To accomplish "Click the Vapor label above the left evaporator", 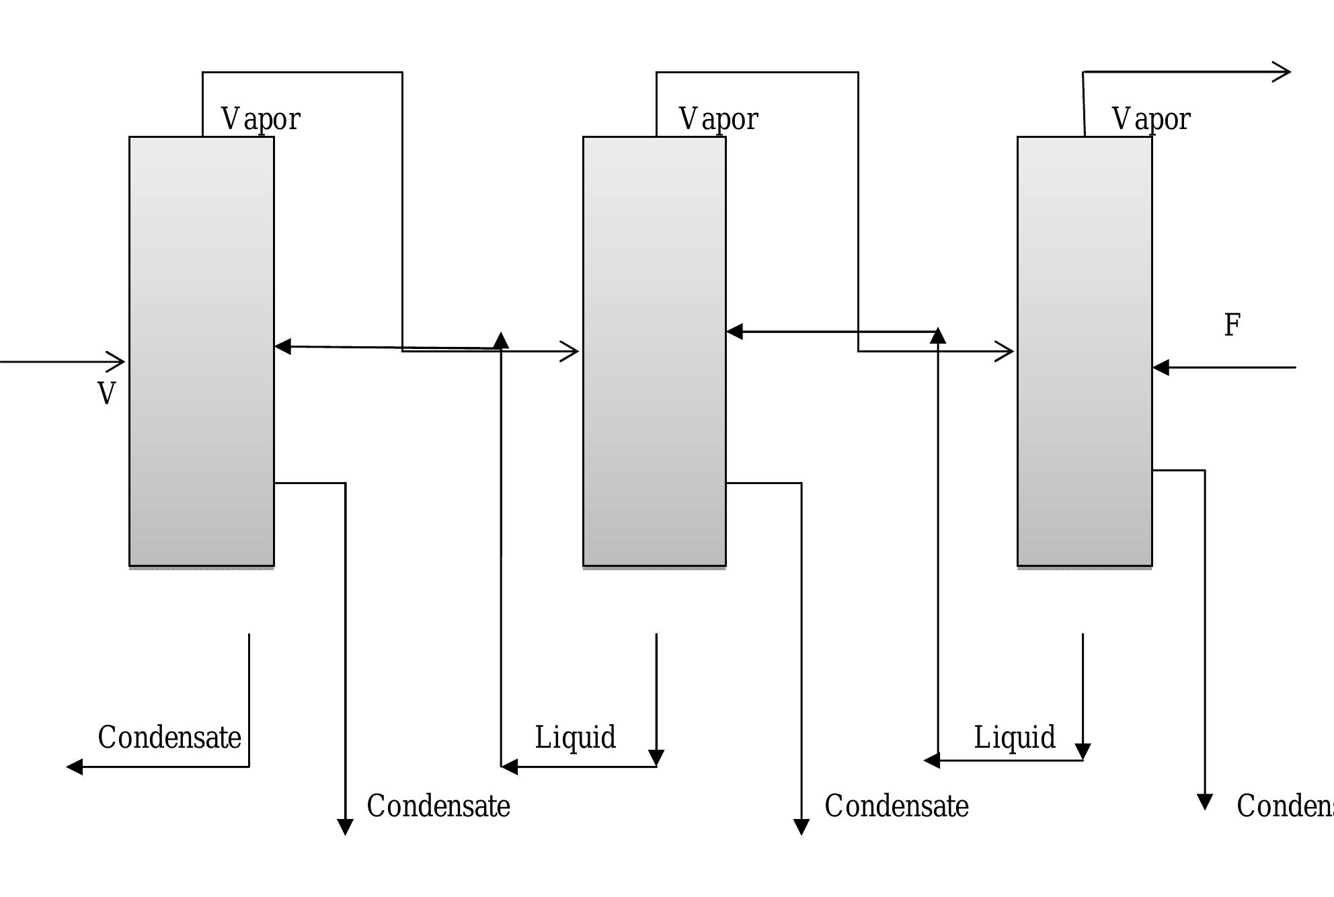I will pyautogui.click(x=261, y=120).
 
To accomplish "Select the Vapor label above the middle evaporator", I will pyautogui.click(x=719, y=120).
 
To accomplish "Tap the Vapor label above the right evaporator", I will pyautogui.click(x=1151, y=120).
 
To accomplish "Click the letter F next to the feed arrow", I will pyautogui.click(x=1232, y=325).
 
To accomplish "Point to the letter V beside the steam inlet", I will pyautogui.click(x=106, y=394).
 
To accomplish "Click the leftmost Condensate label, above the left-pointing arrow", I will pyautogui.click(x=169, y=738).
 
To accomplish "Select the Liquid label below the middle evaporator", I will pyautogui.click(x=575, y=738).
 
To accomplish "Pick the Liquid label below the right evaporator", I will pyautogui.click(x=1015, y=738).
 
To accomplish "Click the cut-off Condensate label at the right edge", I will pyautogui.click(x=1284, y=806).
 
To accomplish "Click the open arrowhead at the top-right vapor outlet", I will pyautogui.click(x=1283, y=72).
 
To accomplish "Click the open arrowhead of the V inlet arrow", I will pyautogui.click(x=118, y=362).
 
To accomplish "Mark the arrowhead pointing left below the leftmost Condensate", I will pyautogui.click(x=75, y=767).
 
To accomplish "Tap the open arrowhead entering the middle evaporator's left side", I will pyautogui.click(x=571, y=352).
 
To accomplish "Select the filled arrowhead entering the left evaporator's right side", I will pyautogui.click(x=283, y=347).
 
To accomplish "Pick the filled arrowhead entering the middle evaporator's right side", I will pyautogui.click(x=735, y=331).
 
